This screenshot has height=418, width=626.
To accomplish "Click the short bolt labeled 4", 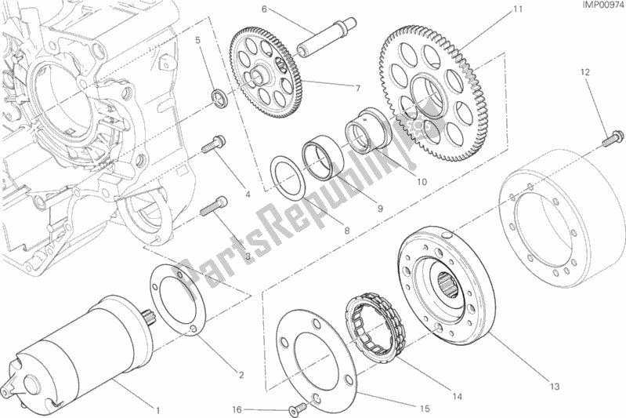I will point(213,146).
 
